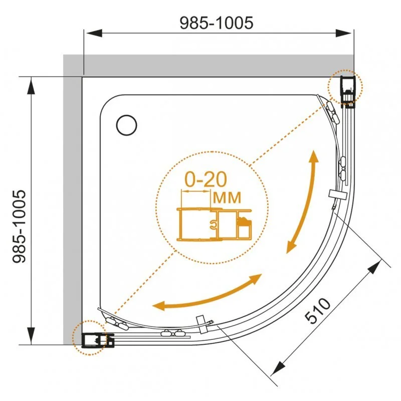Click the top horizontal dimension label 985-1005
[x=217, y=22]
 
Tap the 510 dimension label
[x=317, y=311]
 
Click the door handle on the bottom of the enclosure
[x=202, y=322]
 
